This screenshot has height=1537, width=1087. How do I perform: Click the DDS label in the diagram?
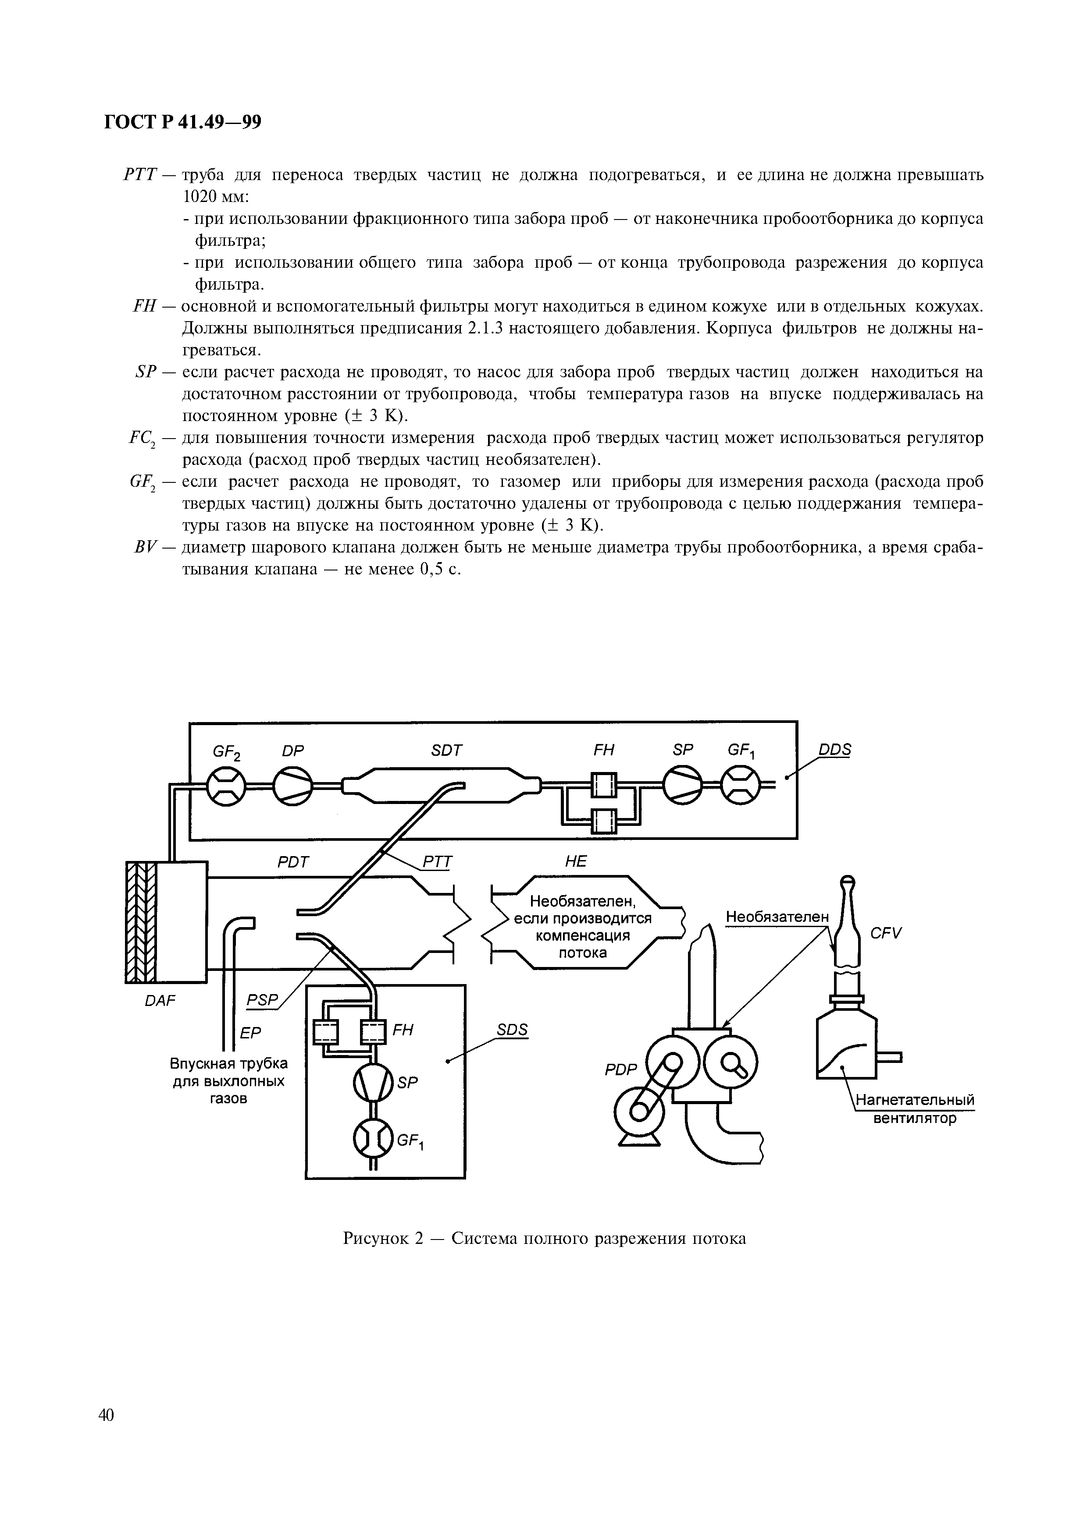834,749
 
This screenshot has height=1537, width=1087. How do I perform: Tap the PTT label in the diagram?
437,862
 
